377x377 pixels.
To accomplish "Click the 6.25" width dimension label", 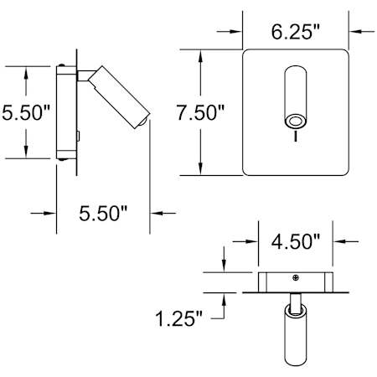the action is [295, 32].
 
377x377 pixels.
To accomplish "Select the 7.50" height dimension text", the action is [200, 112].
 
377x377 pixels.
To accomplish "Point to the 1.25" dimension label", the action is [178, 318].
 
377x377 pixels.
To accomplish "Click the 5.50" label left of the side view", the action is [26, 112].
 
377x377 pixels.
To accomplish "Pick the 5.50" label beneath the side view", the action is [103, 214].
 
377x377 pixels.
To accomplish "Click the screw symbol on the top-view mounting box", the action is [296, 277].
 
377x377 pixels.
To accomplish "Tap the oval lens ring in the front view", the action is [296, 122].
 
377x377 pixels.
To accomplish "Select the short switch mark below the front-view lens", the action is [296, 137].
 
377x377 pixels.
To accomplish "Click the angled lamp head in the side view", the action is [119, 97].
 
